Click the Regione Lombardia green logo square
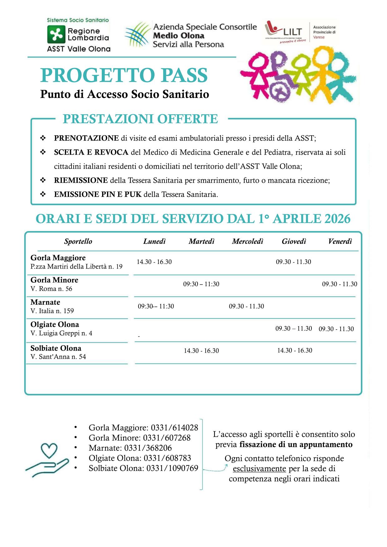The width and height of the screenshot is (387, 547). [x=56, y=34]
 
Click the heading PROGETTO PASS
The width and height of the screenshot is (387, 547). [x=124, y=75]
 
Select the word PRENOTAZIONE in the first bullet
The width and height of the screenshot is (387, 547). [x=86, y=138]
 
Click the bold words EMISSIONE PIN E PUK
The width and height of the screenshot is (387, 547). [x=98, y=194]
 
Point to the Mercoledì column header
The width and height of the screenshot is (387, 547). [x=247, y=241]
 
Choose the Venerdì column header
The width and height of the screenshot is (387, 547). [x=340, y=241]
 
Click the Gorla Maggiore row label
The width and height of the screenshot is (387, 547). [x=58, y=258]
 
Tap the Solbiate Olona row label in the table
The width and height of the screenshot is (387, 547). [x=56, y=348]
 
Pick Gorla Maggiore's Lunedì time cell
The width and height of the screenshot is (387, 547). [x=154, y=262]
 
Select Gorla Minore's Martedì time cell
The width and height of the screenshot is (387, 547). [x=201, y=284]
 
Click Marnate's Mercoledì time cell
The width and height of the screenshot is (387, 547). [x=247, y=306]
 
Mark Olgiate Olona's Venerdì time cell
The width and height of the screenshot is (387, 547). [x=336, y=329]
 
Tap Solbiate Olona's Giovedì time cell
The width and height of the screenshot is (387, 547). [x=295, y=351]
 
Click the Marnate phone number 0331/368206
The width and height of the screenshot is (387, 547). [x=148, y=448]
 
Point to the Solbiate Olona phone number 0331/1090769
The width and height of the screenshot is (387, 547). [x=172, y=468]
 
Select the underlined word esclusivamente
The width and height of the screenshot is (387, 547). [x=259, y=469]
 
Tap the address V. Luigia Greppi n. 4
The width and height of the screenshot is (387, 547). [x=61, y=333]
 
